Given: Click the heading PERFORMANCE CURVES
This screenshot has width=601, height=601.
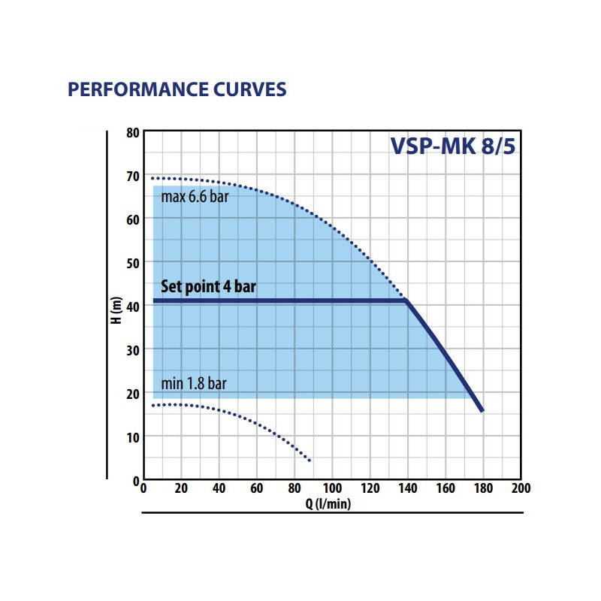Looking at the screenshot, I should coord(177,90).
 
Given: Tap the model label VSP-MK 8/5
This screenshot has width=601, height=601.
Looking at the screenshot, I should coord(452,145).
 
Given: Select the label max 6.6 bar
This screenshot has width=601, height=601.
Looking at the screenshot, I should coord(195,198).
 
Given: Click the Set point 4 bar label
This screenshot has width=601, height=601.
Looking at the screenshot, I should coord(213,287).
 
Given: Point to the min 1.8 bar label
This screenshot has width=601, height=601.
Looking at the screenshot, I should coord(194,384).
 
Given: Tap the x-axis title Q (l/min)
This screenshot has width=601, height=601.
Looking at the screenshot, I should coord(328,504).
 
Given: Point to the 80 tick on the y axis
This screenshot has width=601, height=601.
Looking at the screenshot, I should coord(133,133).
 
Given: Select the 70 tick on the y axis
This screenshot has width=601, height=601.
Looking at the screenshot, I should coord(133,176).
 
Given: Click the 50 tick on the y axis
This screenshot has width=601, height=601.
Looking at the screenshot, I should coord(133,263).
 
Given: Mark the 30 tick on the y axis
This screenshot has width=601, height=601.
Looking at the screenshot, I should coord(133,350).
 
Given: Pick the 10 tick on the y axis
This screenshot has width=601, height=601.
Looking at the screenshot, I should coord(133,436).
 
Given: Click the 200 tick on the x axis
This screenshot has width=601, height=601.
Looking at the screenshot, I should coord(521,488).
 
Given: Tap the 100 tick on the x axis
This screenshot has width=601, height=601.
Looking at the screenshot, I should coord(332,488).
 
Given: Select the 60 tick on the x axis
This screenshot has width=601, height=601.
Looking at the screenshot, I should coord(257,488).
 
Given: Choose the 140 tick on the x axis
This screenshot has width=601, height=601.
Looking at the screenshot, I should coord(407,488).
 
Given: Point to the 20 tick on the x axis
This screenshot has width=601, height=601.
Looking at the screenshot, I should coord(181,488).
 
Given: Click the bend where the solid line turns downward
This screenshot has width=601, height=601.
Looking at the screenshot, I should coord(406,301).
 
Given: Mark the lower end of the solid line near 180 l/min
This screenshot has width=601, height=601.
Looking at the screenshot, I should coord(482,410).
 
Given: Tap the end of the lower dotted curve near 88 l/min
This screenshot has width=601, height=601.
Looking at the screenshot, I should coord(309,460).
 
